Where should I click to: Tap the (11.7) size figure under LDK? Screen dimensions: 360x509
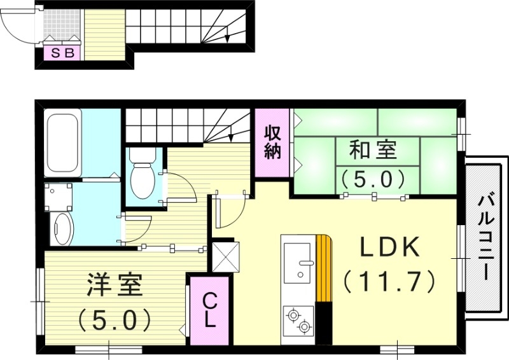tap(389, 279)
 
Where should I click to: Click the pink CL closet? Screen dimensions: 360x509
tap(209, 310)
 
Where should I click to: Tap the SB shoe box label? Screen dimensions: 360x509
tap(62, 53)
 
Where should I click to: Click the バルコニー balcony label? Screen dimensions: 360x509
tap(486, 239)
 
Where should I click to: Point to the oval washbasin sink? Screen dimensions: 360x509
tap(62, 229)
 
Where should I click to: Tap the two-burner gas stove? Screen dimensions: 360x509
tap(298, 320)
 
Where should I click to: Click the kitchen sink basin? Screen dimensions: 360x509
tap(297, 261)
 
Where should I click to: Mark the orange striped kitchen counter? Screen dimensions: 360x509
tap(324, 267)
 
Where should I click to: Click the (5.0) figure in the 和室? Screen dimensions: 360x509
tap(373, 178)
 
